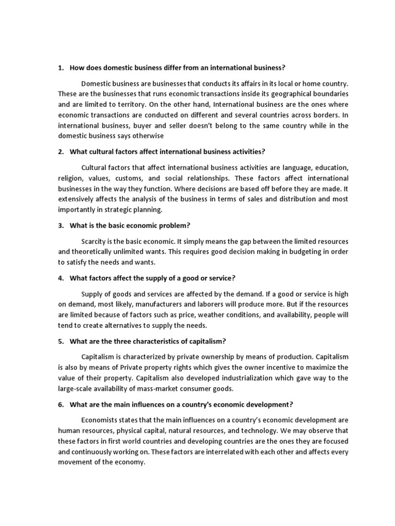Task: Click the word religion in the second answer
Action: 69,178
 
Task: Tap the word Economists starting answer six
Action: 101,420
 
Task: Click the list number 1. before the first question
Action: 61,68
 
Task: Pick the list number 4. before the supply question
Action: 61,278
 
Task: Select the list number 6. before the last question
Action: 61,405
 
